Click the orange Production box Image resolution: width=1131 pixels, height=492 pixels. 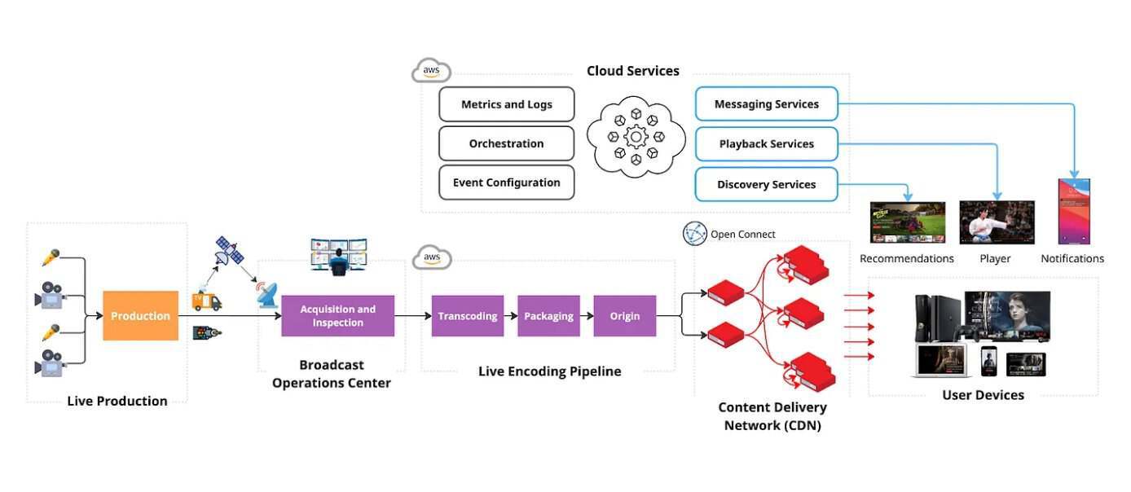coord(140,316)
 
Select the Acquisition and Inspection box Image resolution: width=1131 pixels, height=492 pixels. coord(337,316)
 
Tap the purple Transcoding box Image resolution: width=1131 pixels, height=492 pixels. coord(467,316)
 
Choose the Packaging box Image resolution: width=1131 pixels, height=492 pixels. coord(548,316)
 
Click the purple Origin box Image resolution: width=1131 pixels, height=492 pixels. coord(624,316)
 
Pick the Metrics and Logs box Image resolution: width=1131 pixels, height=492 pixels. coord(506,104)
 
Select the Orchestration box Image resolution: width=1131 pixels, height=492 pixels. coord(506,143)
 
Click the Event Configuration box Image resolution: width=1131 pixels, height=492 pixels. coord(506,182)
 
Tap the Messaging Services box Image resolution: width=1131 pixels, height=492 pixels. coord(766,104)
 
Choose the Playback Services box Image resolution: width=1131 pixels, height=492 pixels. coord(766,143)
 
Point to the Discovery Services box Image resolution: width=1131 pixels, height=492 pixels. coord(766,184)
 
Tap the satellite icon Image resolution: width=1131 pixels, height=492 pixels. coord(229,251)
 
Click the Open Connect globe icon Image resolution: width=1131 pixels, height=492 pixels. coord(694,234)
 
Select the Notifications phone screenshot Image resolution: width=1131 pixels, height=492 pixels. coord(1073,212)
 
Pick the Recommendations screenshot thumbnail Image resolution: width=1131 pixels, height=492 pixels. coord(907,222)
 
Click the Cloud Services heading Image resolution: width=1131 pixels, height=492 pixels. coord(632,71)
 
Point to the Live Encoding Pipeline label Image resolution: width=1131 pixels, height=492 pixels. coord(549,371)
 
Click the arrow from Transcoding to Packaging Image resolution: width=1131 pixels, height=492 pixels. coord(508,316)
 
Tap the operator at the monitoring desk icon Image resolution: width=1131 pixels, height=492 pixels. coord(338,255)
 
